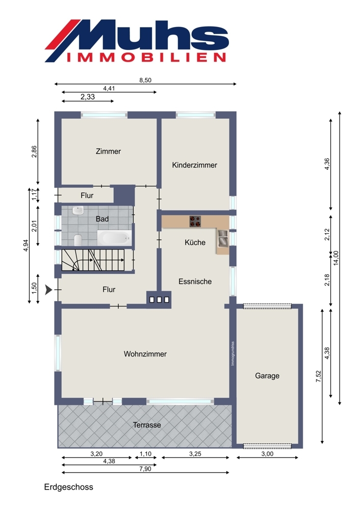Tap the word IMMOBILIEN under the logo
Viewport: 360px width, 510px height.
pos(146,58)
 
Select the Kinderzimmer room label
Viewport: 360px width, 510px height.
pos(194,165)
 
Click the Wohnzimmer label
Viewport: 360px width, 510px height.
pos(145,354)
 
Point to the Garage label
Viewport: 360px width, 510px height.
pos(267,376)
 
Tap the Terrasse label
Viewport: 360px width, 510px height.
pos(147,425)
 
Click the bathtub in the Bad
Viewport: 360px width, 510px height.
pos(114,238)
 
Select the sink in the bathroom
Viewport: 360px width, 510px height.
pos(78,211)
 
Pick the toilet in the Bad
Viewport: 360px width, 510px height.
pos(78,240)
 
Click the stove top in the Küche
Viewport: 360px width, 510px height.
pos(195,221)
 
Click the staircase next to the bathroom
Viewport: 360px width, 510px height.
pos(93,260)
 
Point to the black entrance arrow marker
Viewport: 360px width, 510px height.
pos(48,290)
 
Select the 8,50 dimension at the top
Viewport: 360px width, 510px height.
pos(145,80)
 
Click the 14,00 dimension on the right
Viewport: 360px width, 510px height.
pos(336,258)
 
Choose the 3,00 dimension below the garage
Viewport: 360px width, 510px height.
pos(267,454)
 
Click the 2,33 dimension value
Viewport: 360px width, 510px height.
pos(88,96)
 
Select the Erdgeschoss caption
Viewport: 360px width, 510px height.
pos(69,487)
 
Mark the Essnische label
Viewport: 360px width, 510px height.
pos(195,282)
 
